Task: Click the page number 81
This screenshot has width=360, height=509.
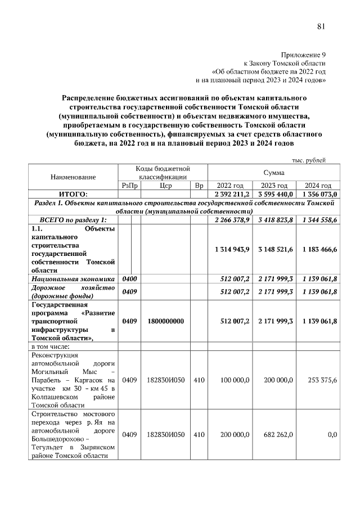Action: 321,26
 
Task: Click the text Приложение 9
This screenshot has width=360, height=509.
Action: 303,55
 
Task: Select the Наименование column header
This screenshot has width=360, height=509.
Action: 73,177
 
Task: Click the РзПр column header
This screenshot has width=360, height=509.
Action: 129,186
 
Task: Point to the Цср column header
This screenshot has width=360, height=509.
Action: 165,186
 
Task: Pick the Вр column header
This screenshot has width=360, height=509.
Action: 199,186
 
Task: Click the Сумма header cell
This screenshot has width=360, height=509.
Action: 273,172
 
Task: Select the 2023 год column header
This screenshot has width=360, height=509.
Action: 274,186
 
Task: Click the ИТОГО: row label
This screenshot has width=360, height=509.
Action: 73,193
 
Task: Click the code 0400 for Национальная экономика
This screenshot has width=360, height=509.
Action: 129,278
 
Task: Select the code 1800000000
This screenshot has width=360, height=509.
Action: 165,321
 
